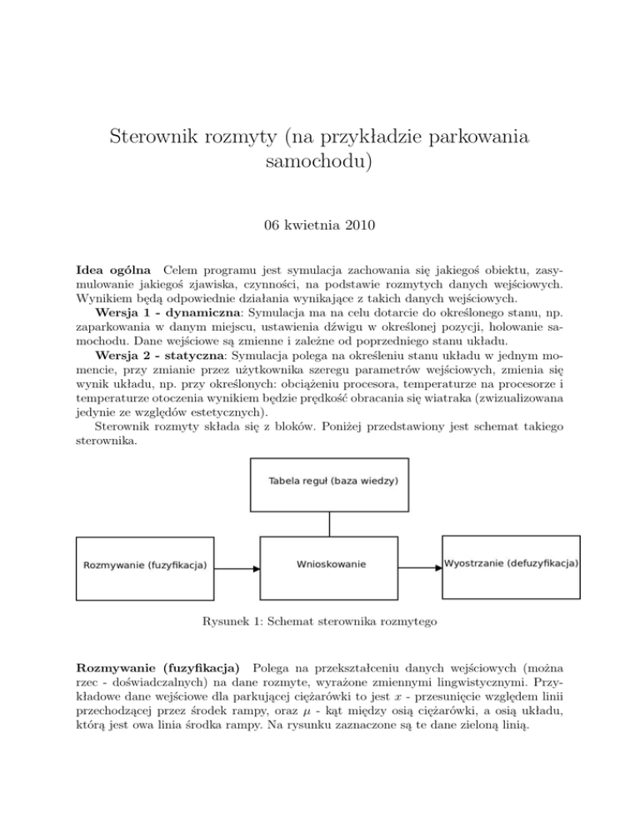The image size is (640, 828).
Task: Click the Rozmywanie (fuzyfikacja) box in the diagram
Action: [145, 568]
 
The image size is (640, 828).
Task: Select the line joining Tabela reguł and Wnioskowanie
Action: [331, 522]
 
